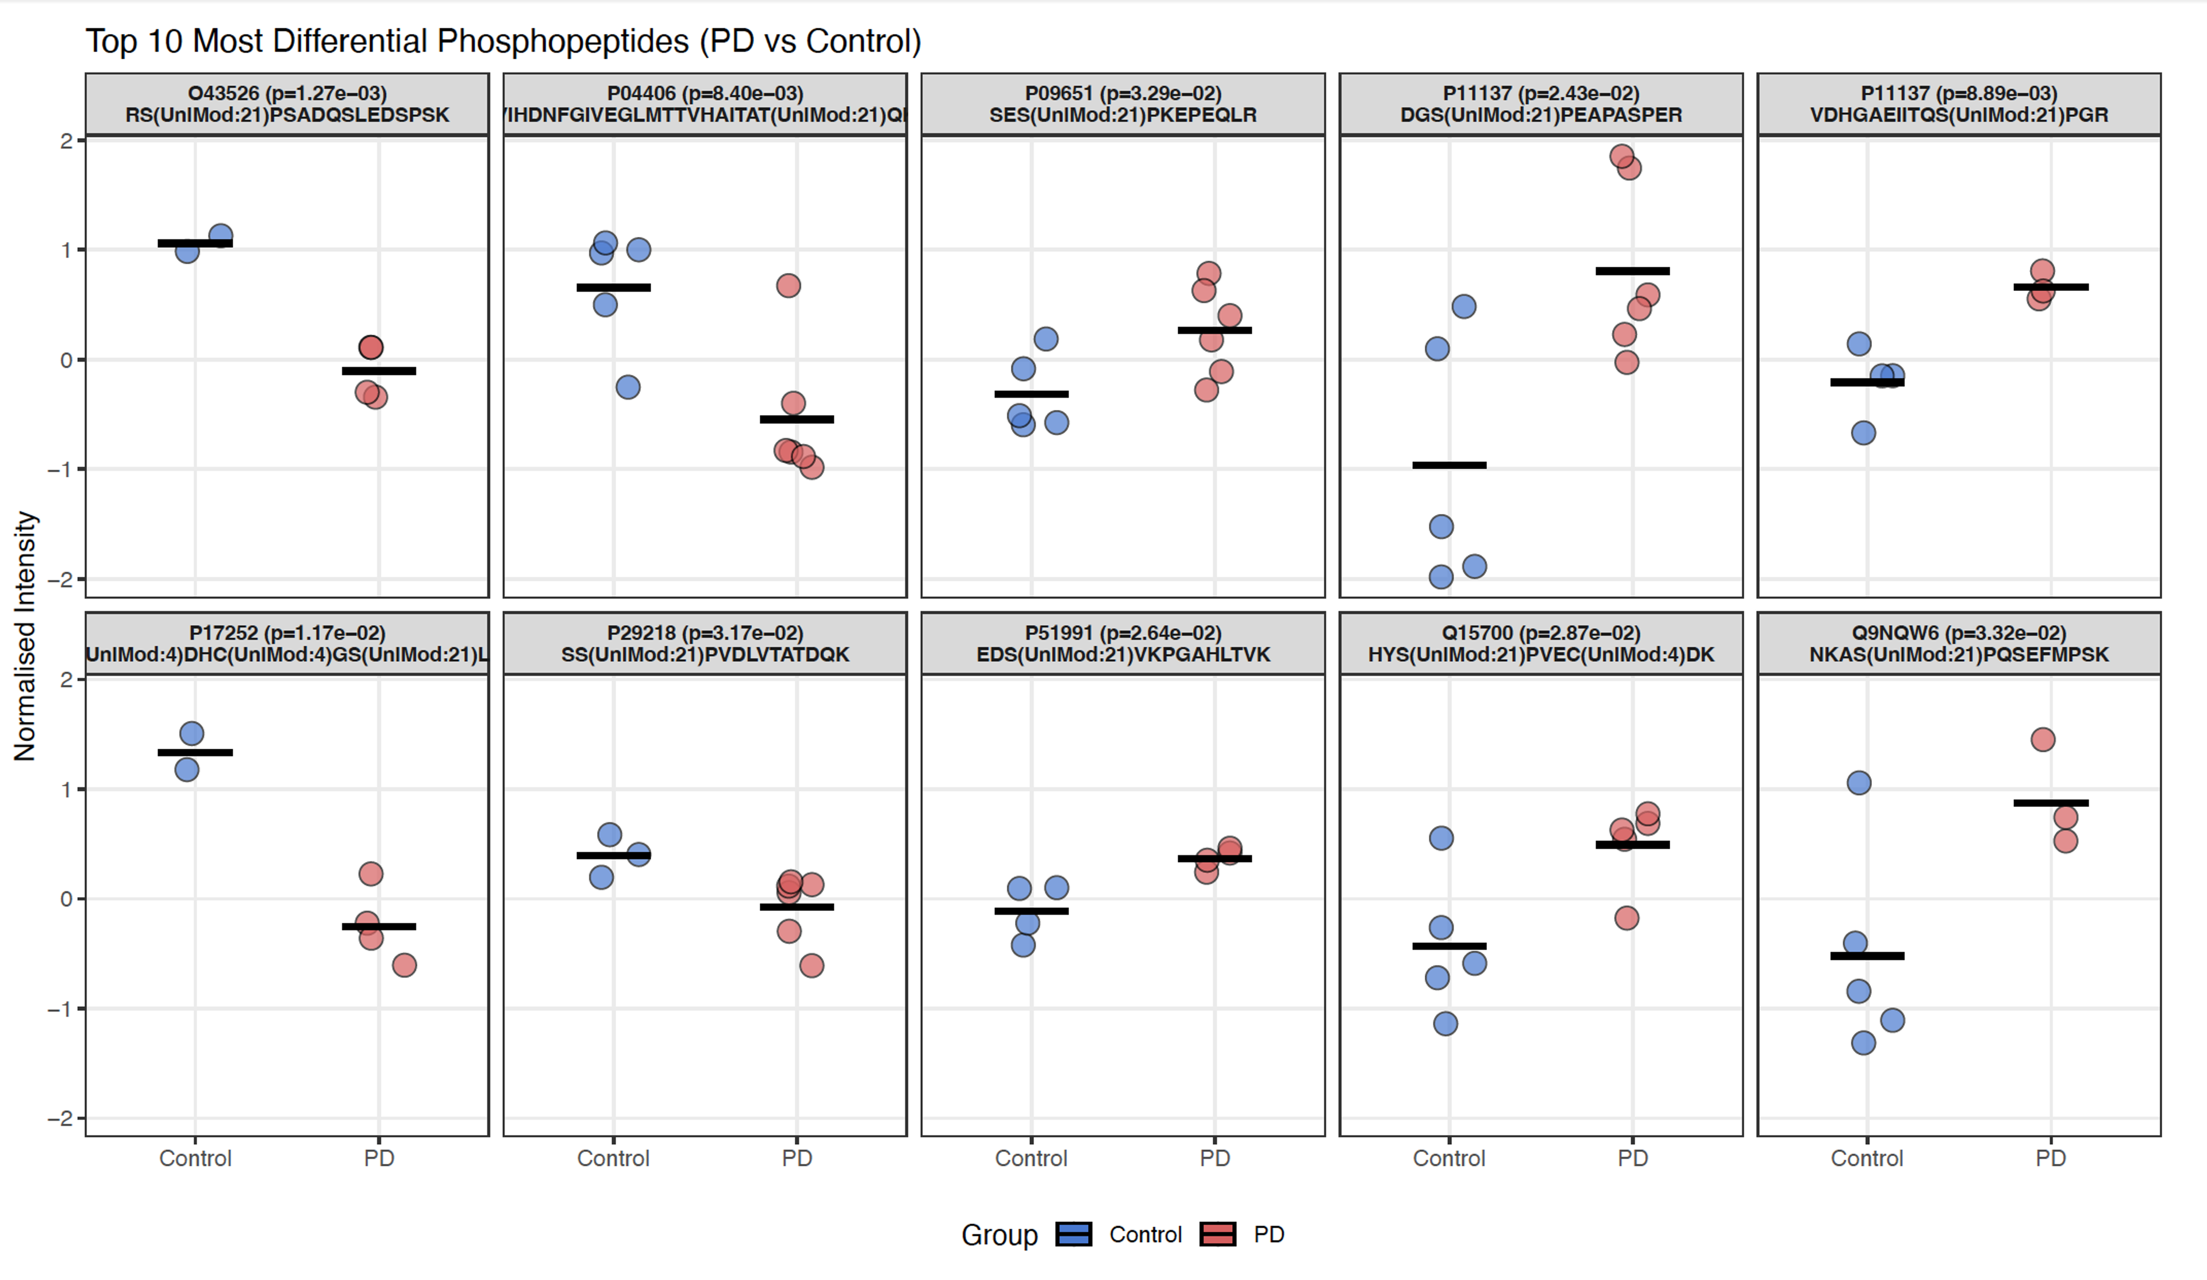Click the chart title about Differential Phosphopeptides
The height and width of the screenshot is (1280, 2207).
pyautogui.click(x=503, y=41)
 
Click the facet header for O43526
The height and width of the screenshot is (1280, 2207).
pyautogui.click(x=287, y=104)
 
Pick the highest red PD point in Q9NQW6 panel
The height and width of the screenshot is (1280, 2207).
pyautogui.click(x=2043, y=739)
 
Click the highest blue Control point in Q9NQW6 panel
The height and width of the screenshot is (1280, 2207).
pyautogui.click(x=1859, y=783)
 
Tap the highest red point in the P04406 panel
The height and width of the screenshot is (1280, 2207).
pyautogui.click(x=788, y=286)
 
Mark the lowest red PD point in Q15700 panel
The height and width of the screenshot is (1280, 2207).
pyautogui.click(x=1627, y=918)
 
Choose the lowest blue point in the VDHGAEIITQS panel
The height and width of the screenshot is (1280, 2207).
pyautogui.click(x=1863, y=433)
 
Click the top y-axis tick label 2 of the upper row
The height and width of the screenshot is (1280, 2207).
pyautogui.click(x=67, y=141)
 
